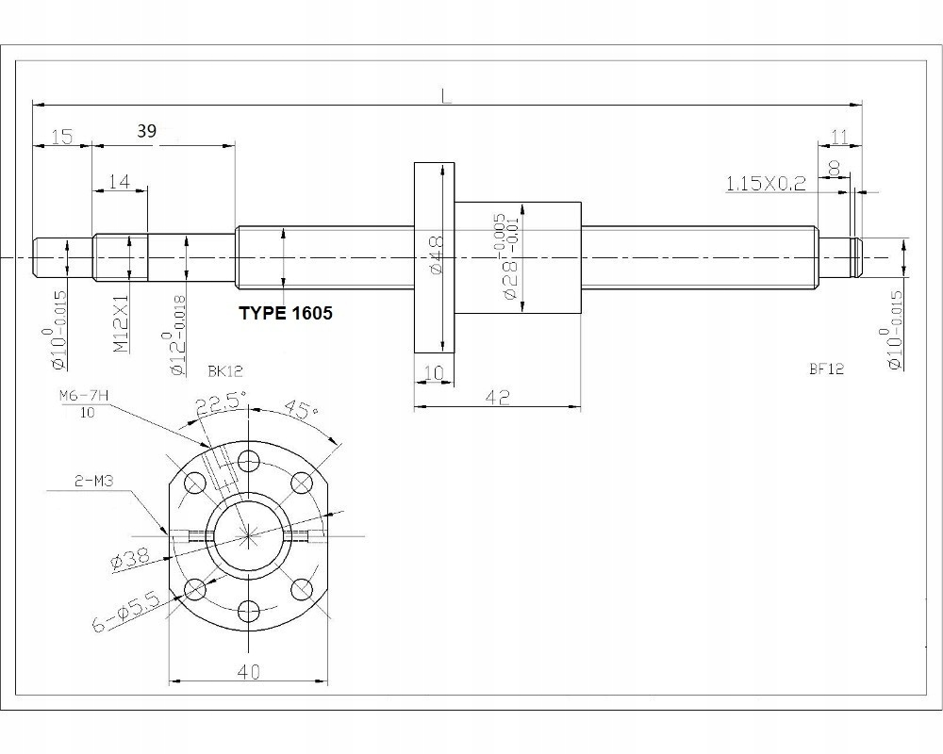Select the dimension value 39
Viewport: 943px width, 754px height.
click(146, 131)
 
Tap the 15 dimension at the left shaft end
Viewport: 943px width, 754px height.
click(62, 137)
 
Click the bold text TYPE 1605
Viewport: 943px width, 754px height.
click(285, 313)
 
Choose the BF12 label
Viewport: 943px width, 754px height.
click(825, 369)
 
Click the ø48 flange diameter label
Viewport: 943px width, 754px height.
click(436, 255)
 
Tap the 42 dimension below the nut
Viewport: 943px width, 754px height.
click(497, 398)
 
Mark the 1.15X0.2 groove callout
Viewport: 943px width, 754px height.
click(765, 183)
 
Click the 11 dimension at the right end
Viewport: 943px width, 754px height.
click(838, 138)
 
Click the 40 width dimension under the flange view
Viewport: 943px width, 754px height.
click(249, 671)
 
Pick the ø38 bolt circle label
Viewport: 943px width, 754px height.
click(130, 558)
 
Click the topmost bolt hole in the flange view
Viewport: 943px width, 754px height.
click(249, 461)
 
